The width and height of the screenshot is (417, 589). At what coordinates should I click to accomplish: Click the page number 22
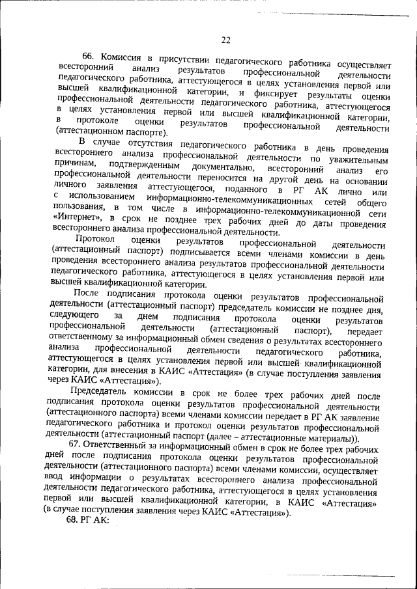pos(225,40)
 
